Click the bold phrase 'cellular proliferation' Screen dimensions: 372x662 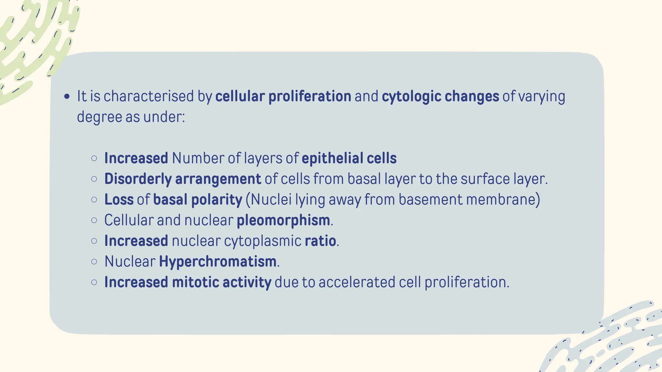[x=283, y=97]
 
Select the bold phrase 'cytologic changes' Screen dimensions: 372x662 [x=440, y=97]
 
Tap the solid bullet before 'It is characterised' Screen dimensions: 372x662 [x=67, y=96]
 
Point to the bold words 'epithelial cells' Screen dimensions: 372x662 [x=349, y=159]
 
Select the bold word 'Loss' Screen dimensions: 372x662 [x=119, y=200]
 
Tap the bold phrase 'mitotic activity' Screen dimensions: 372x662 [x=221, y=282]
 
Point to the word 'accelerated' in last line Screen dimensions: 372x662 [x=357, y=282]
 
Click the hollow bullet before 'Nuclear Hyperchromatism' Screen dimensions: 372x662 [x=94, y=262]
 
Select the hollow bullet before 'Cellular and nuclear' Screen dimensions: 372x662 [x=94, y=220]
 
